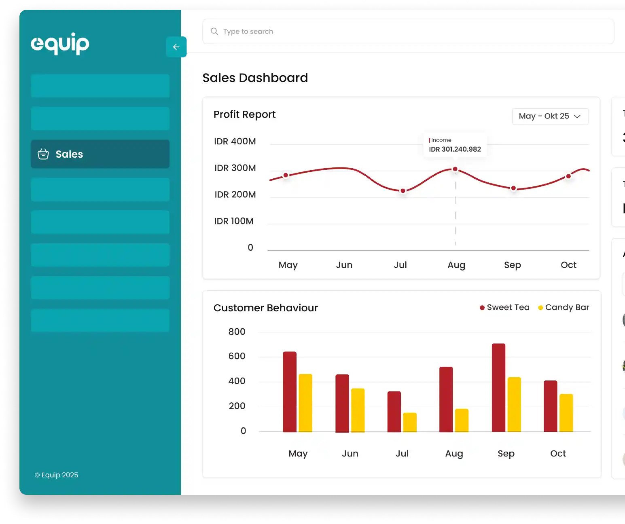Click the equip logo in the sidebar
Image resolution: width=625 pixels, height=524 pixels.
coord(60,43)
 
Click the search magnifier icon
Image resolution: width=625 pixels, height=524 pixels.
coord(214,32)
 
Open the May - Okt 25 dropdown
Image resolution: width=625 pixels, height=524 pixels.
coord(550,116)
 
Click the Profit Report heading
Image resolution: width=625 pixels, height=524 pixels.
coord(244,114)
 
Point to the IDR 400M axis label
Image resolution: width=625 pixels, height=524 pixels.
coord(235,142)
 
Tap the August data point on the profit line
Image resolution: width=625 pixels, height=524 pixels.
coord(455,169)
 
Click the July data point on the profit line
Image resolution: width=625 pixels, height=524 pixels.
coord(403,191)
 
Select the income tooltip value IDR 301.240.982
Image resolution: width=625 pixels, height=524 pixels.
coord(455,149)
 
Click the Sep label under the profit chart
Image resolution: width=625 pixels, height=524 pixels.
coord(512,265)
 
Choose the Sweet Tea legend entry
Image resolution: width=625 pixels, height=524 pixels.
coord(504,308)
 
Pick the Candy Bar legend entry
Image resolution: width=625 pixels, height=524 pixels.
coord(564,308)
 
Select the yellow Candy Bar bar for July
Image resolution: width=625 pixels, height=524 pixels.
coord(410,422)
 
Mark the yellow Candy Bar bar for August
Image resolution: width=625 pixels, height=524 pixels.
coord(462,420)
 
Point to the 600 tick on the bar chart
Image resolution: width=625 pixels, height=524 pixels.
coord(237,356)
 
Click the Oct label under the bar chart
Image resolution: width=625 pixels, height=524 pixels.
coord(558,454)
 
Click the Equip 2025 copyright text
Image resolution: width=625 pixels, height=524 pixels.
coord(56,475)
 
